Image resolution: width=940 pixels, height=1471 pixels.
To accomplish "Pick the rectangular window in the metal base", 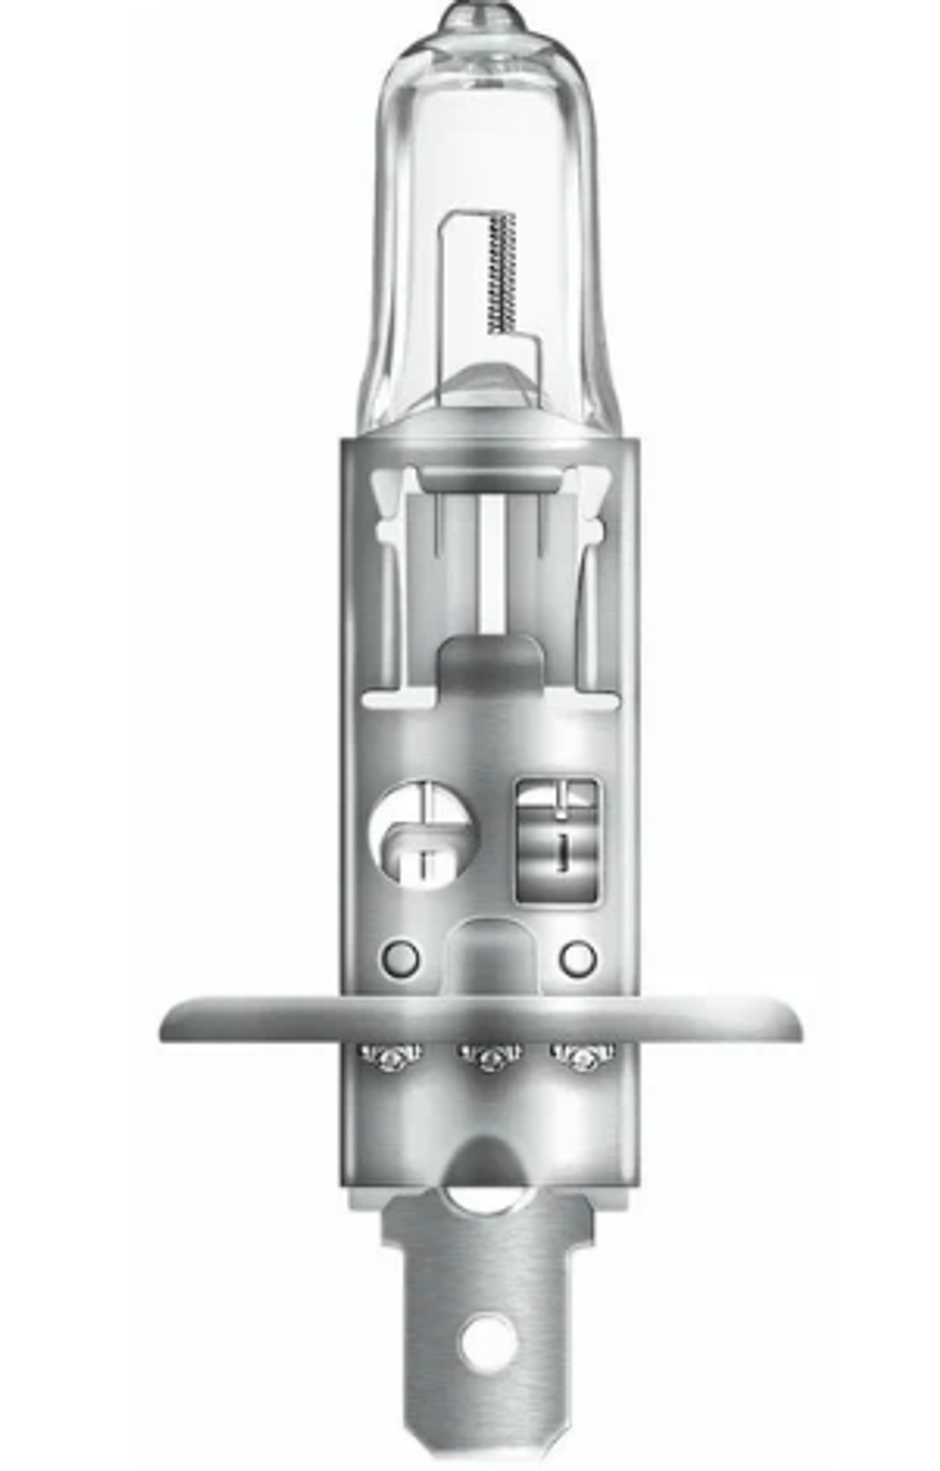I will coord(558,839).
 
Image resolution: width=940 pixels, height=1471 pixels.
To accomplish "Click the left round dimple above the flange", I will coord(400,958).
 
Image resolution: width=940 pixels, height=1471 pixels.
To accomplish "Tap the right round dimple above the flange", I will coord(577,958).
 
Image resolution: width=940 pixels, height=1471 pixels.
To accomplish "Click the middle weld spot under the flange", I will coord(490,1058).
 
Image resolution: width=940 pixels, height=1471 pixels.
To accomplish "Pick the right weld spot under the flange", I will coord(583,1058).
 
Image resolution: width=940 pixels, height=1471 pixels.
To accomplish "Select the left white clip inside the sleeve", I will coord(388,508).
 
